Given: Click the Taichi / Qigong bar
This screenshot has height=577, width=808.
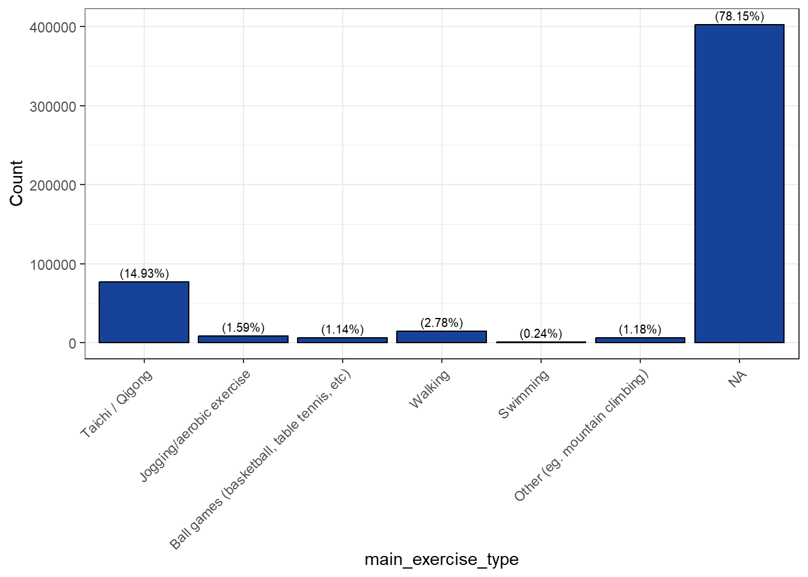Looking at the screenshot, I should coord(144,312).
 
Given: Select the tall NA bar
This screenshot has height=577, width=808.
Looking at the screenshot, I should coord(739,183).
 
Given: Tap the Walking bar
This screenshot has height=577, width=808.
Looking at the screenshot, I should coord(441,337).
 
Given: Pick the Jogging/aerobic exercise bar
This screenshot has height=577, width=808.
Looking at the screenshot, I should coord(243,340).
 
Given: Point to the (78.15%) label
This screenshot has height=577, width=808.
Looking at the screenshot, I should coord(739,16).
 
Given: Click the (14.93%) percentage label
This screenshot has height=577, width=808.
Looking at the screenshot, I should coord(144,273).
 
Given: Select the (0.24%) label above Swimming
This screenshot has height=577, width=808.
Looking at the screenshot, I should coord(540,334).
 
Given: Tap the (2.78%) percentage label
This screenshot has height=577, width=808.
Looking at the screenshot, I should coord(441,323).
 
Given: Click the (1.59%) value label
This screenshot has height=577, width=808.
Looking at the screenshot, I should coord(243,328).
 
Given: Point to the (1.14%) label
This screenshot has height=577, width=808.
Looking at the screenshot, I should coord(342,329).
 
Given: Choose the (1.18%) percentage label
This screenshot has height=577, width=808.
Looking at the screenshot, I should coord(640,329).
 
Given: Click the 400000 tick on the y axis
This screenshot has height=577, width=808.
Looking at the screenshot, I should coord(53,28).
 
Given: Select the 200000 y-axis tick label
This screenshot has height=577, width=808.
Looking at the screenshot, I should coord(53,186).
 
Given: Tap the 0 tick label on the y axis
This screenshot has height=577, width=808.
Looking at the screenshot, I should coord(72,344).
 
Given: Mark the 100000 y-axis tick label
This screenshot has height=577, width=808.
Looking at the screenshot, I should coord(53,265).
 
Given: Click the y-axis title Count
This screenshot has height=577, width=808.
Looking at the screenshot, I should coord(16,183).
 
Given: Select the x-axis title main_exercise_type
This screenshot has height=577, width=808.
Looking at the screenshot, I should coord(441,560).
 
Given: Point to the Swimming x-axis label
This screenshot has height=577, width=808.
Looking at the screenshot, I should coord(524,394).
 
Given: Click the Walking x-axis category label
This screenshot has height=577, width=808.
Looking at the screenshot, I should coord(429,389).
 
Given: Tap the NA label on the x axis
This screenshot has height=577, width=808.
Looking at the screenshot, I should coord(737,379).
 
